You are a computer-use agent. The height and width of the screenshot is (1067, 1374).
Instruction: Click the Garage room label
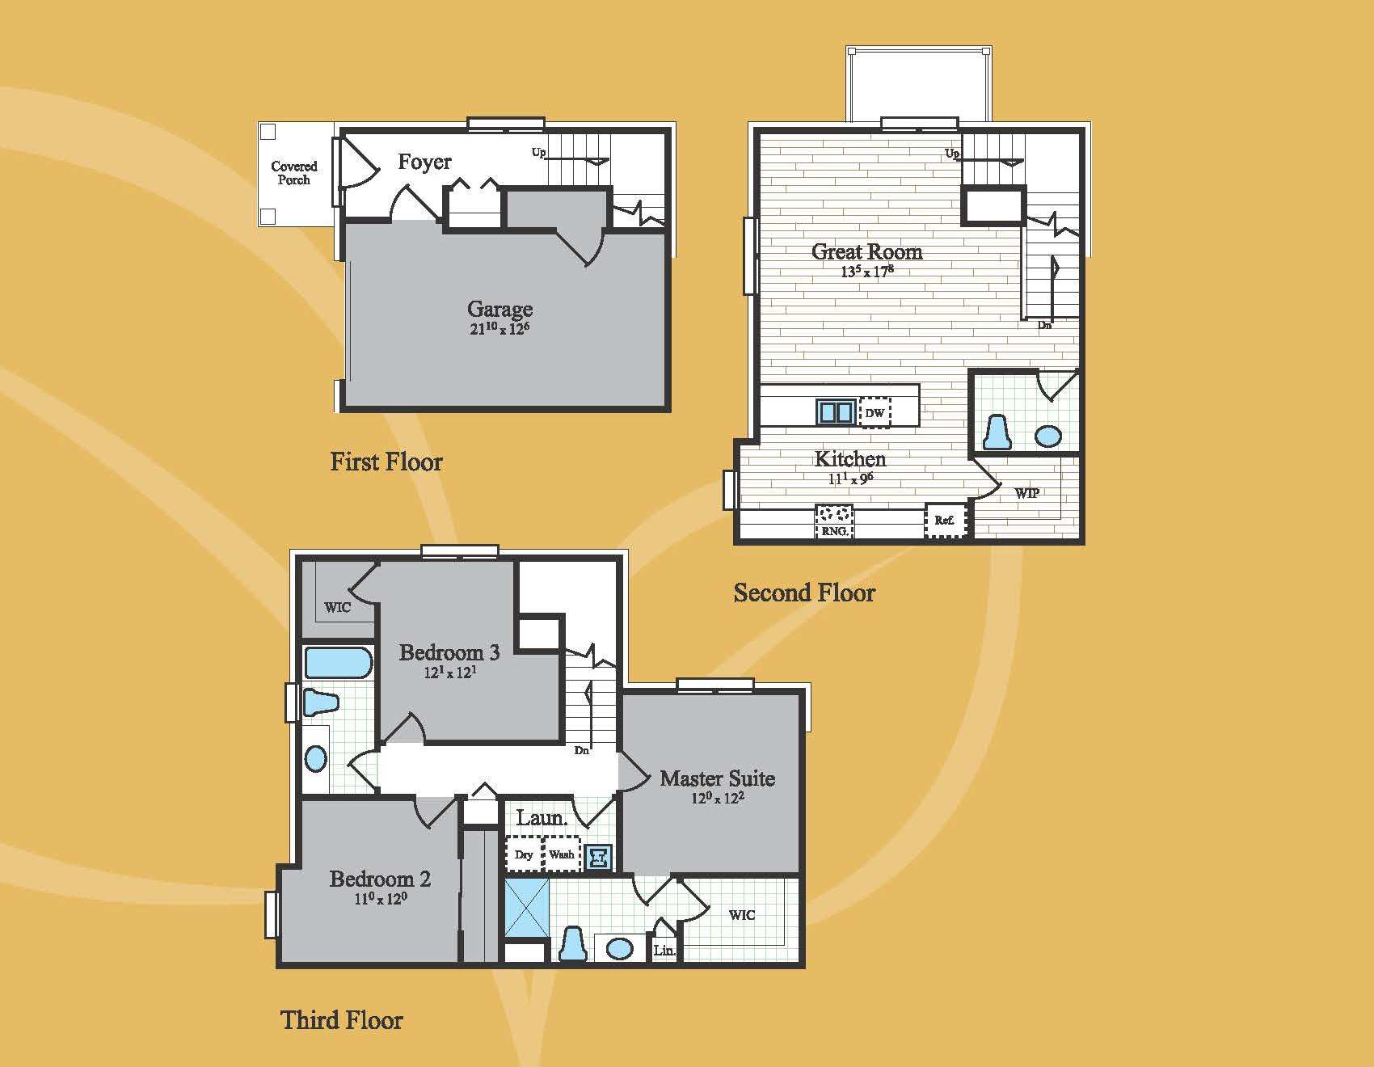[x=499, y=309]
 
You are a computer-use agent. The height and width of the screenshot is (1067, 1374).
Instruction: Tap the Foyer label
[x=424, y=162]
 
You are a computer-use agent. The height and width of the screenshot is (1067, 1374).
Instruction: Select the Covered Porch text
[x=294, y=173]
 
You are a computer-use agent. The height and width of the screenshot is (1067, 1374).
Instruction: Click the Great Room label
[x=866, y=251]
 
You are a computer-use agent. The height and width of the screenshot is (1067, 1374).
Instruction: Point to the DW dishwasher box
[x=875, y=412]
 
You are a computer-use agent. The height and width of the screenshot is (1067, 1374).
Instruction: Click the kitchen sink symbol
[x=835, y=412]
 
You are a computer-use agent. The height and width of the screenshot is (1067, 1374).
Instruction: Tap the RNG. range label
[x=834, y=531]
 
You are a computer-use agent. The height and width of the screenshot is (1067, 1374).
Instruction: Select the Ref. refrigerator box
[x=945, y=521]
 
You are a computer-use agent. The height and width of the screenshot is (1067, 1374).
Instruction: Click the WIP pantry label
[x=1026, y=493]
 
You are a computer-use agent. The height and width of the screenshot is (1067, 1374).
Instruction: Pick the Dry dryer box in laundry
[x=523, y=854]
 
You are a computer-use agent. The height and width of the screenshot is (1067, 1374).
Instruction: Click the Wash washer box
[x=562, y=854]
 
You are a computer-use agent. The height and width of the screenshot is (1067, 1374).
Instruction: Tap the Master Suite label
[x=717, y=778]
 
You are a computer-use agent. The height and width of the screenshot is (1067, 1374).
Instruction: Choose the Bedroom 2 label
[x=380, y=879]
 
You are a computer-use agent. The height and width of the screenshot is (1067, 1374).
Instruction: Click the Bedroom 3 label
[x=449, y=652]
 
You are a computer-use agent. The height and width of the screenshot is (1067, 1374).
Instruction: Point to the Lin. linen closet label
[x=664, y=951]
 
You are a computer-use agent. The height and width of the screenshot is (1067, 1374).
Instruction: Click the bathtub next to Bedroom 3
[x=339, y=662]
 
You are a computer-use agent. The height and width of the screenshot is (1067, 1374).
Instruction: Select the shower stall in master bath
[x=526, y=908]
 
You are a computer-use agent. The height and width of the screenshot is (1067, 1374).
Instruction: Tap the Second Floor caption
[x=804, y=593]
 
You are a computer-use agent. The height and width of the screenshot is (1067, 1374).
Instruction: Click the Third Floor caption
[x=342, y=1020]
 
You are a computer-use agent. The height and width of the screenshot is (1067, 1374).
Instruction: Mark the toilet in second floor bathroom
[x=997, y=432]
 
